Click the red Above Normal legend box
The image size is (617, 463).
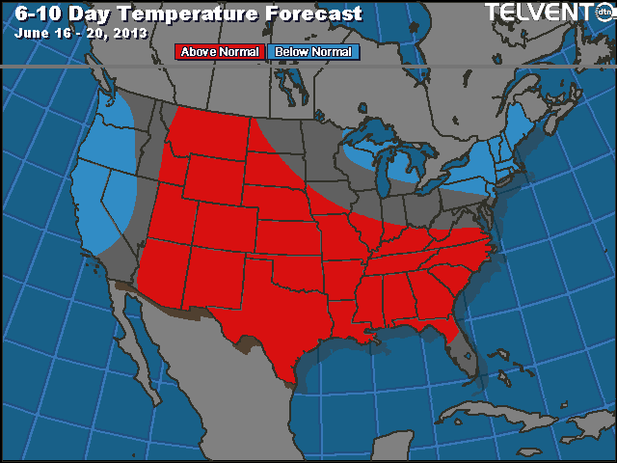pyautogui.click(x=219, y=52)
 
